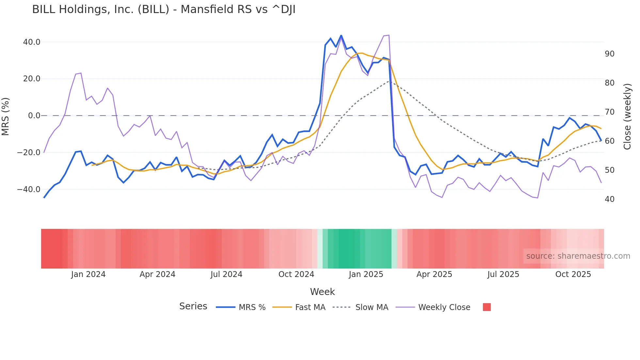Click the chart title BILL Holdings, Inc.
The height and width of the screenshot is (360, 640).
point(164,9)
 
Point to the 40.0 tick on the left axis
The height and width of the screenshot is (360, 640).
point(32,42)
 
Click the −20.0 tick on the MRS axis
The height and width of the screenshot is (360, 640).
point(29,153)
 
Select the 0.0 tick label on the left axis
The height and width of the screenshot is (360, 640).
point(34,116)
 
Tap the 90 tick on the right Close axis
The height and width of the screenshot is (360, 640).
point(609,54)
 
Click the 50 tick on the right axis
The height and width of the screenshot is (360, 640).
point(609,170)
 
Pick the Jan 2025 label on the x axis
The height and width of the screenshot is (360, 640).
point(366,274)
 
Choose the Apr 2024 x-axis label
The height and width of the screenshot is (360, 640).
point(157,274)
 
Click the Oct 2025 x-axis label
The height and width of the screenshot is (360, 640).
point(573,274)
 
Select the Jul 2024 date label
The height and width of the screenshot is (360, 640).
point(226,274)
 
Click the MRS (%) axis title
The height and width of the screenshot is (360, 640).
point(6,117)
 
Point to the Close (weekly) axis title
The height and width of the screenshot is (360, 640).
point(627,117)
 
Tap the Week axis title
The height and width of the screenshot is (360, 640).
point(322,292)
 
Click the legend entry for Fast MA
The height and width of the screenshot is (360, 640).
point(310,307)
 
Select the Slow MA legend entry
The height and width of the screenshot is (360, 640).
point(372,307)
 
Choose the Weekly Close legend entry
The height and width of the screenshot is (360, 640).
point(444,307)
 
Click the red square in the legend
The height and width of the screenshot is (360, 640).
point(487,307)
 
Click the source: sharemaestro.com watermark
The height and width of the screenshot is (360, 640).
point(578,256)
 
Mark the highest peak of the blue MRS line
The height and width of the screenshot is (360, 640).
point(341,36)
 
